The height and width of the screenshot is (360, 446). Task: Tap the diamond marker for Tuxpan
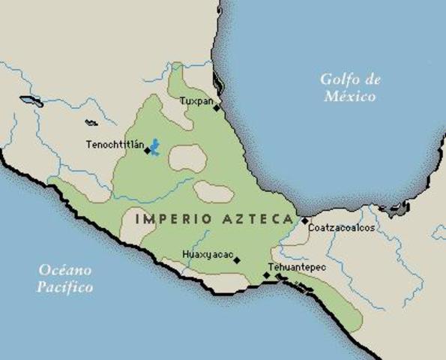point(217,107)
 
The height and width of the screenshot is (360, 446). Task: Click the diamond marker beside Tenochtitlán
point(147,150)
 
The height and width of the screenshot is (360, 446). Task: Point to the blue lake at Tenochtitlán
point(156,146)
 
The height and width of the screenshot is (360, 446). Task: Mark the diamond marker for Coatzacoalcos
point(304,220)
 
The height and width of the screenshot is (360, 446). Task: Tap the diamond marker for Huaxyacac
point(236,260)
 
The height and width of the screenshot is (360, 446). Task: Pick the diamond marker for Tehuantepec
point(266,275)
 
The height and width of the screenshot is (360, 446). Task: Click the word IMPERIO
point(166,219)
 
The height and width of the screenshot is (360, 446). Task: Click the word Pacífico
point(66,287)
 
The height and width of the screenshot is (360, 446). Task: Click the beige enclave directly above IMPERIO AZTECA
point(213,192)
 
